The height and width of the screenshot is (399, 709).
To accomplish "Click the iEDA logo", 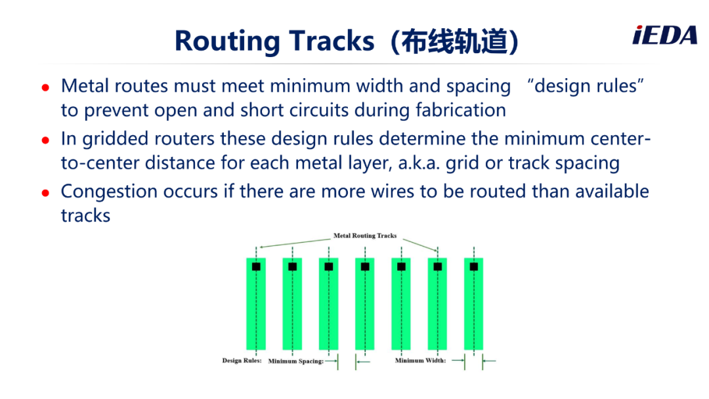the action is click(664, 35).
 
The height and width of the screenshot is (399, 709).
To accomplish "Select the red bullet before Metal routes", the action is click(45, 87).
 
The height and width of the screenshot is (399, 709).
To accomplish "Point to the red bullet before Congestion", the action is click(45, 193).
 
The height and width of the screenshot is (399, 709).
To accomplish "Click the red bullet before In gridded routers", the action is click(45, 140).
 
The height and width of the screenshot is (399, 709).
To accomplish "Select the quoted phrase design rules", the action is click(586, 85).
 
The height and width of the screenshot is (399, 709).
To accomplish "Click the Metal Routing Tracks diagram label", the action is click(365, 236).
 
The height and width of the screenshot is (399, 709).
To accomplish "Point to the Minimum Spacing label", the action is click(295, 361).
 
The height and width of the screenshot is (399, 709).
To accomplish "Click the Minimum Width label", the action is click(421, 360).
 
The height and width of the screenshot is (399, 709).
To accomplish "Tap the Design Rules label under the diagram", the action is click(242, 360).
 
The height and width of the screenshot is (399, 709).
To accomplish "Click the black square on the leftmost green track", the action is click(256, 266).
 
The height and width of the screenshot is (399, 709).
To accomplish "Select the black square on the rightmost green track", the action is click(474, 266).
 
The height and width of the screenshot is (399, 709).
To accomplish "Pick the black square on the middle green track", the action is click(365, 266).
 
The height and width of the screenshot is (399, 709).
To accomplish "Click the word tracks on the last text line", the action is click(85, 215).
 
